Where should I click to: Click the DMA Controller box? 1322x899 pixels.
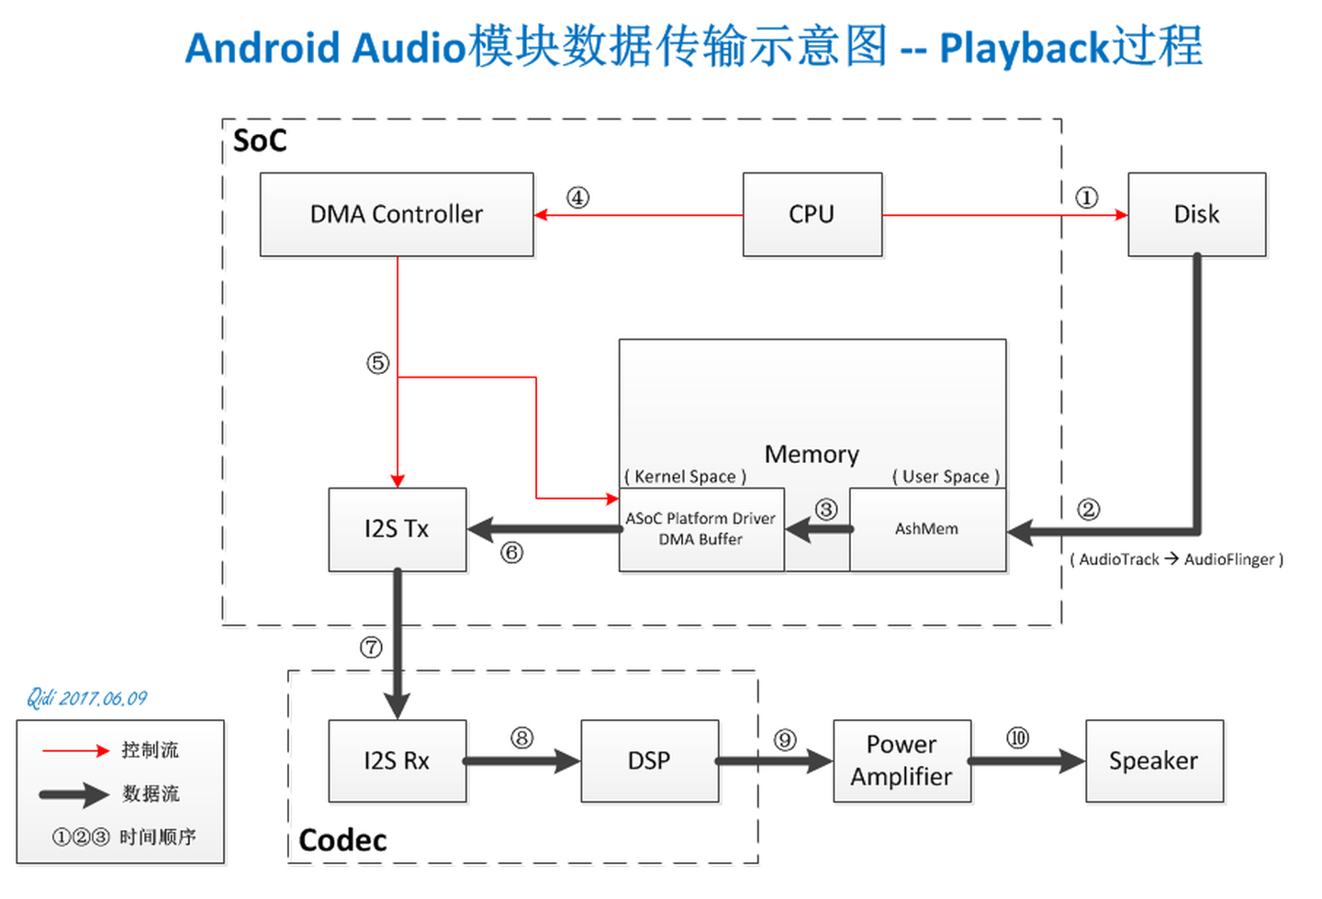pos(397,214)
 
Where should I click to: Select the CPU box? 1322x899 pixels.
pos(812,214)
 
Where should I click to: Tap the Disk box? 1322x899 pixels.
pos(1196,214)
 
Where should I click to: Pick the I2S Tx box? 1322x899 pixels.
pos(397,529)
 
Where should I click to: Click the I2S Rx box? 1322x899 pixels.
pos(397,760)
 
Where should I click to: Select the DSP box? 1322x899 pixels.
pos(649,760)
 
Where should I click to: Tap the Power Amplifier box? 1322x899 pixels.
pos(902,760)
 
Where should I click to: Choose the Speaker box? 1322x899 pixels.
pos(1153,760)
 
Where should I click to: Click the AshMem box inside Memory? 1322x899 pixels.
pos(926,529)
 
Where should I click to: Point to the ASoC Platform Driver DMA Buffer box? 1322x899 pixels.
pos(700,529)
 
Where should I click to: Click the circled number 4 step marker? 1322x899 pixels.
pos(577,197)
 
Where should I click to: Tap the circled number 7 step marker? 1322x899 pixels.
pos(371,647)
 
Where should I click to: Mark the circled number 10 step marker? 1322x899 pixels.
pos(1018,738)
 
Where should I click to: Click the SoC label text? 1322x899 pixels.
pos(260,140)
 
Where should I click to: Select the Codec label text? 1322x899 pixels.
pos(342,840)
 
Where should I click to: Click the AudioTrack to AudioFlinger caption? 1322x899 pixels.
pos(1176,559)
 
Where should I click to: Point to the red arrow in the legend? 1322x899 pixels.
pos(75,750)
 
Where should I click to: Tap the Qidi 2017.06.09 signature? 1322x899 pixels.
pos(86,698)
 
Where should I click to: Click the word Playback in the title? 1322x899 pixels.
pos(1025,48)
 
